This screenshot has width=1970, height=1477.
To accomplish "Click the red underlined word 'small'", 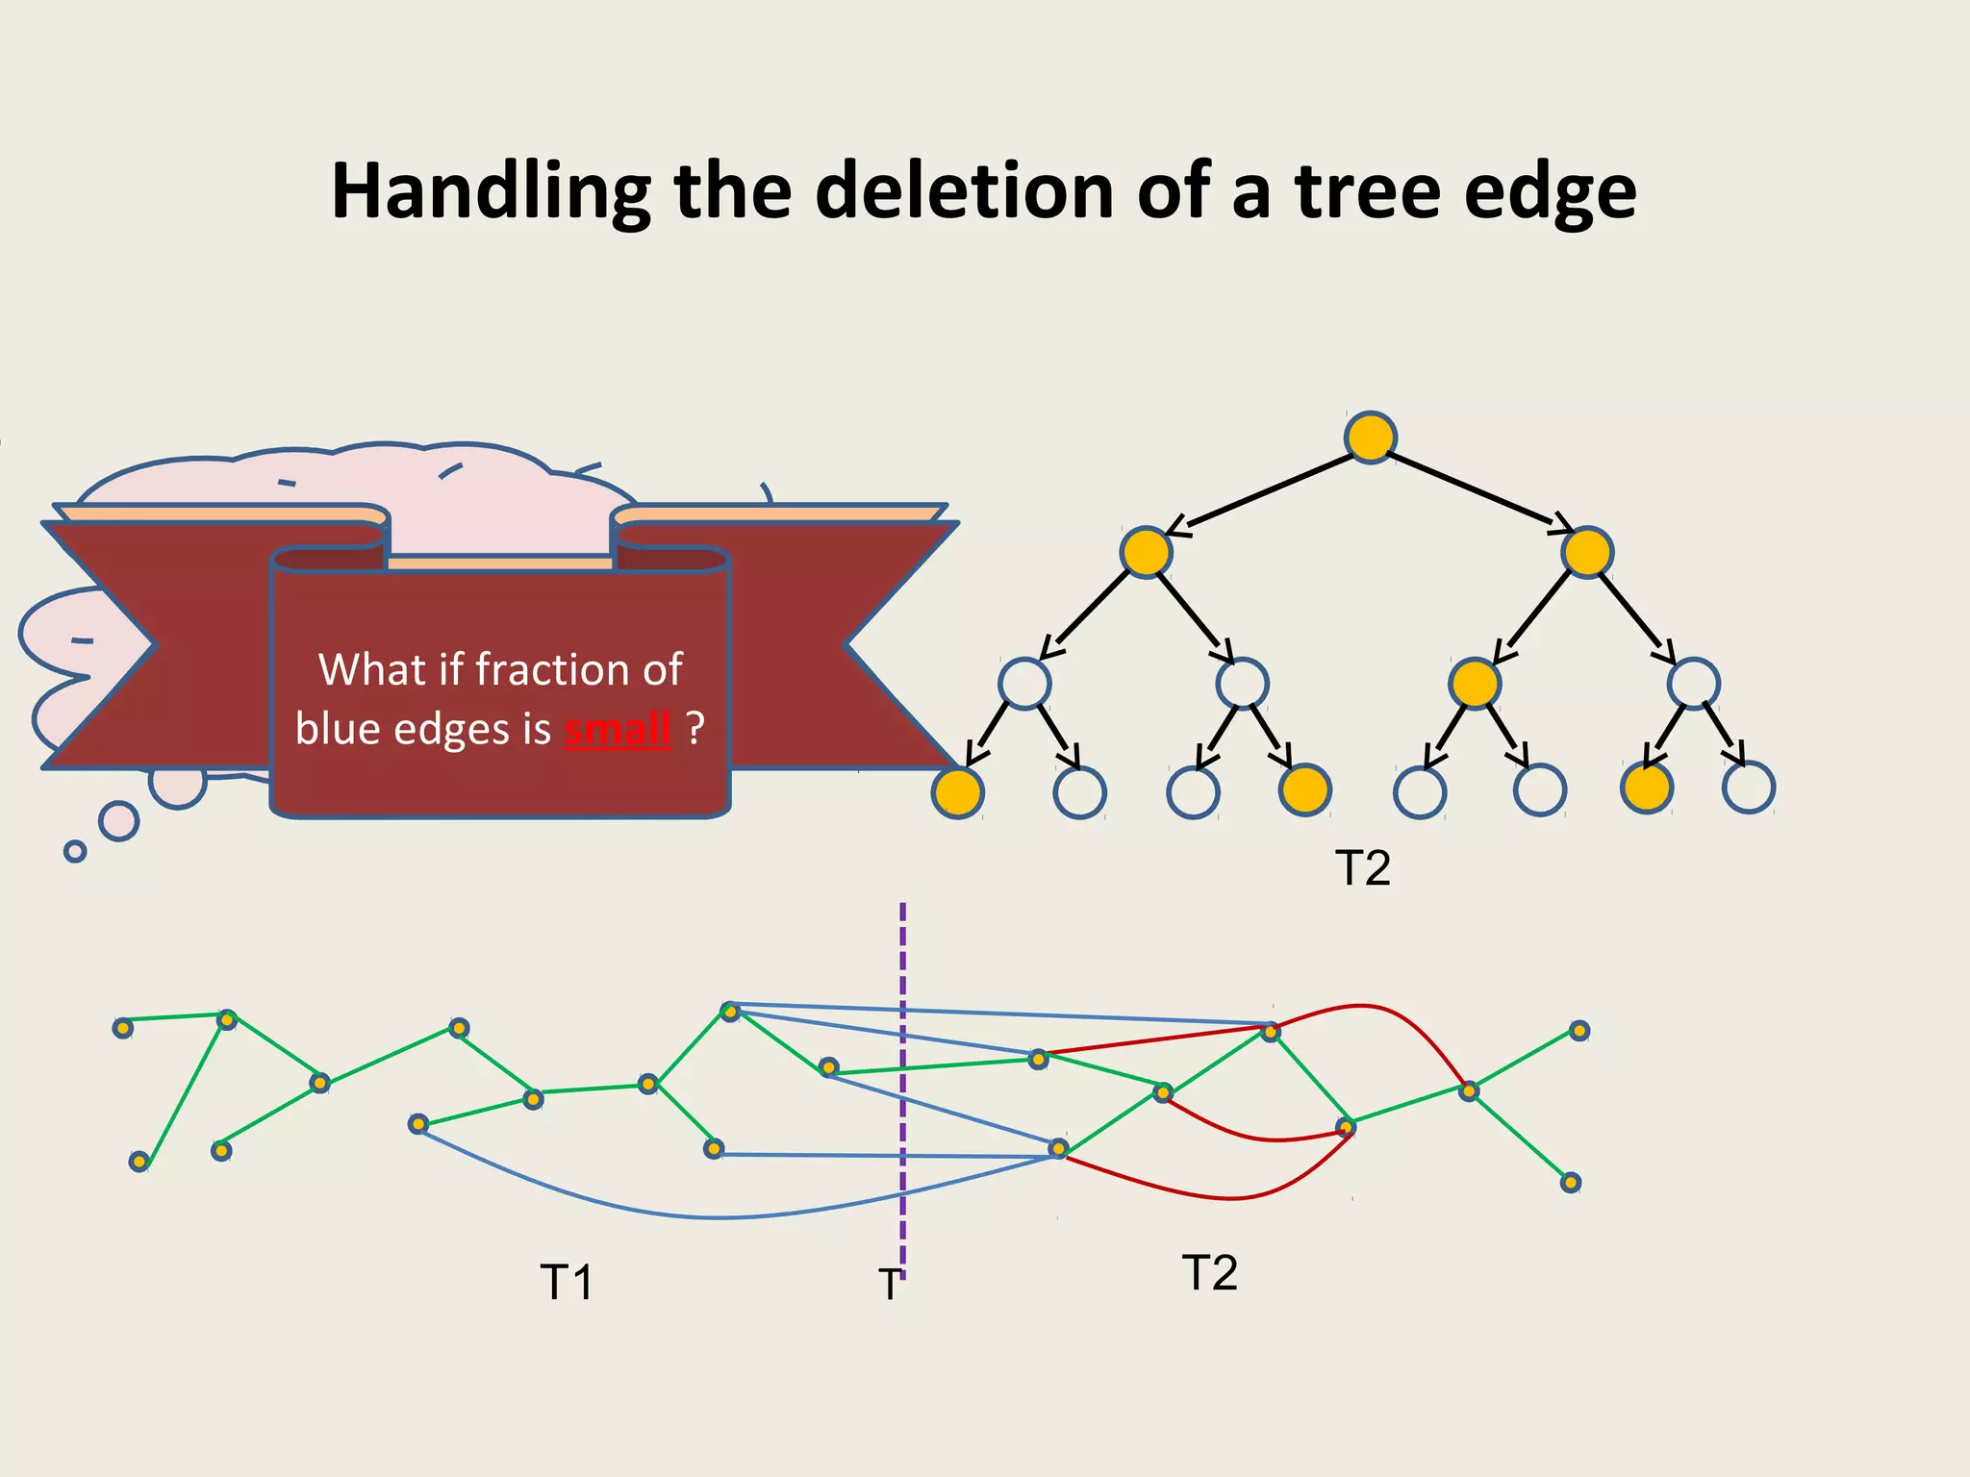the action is coord(617,730).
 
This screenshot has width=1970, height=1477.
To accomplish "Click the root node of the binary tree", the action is coord(1370,438).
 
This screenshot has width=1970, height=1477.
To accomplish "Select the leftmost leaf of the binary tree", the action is coord(958,792).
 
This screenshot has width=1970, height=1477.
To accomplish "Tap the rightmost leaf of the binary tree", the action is coord(1748,789).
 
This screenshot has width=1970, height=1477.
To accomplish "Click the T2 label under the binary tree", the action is coord(1363,868).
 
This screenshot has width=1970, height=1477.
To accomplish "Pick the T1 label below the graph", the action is coord(567,1282).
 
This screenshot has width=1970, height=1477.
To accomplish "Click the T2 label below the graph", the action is coord(1209,1273).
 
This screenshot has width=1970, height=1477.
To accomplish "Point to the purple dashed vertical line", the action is coord(902,962).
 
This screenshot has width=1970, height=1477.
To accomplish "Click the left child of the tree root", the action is coord(1146,552).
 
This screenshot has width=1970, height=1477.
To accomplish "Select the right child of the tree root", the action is coord(1586,552).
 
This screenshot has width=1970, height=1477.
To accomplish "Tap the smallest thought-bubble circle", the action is coord(75,851).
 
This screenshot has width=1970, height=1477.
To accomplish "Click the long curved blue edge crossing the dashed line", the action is coord(721,1217).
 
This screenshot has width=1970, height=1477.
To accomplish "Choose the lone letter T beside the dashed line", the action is coord(890,1285).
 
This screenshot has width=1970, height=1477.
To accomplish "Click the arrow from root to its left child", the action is coord(1260,493).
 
